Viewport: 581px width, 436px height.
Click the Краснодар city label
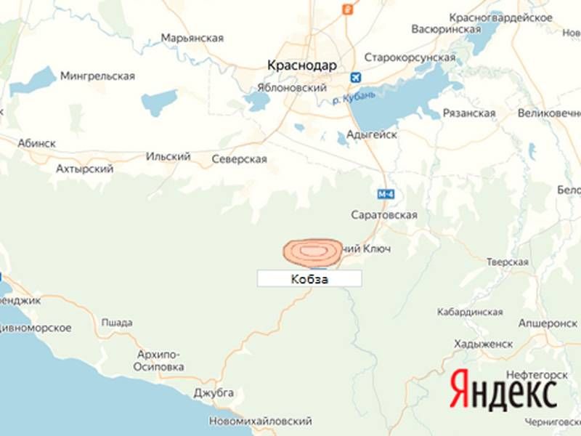point(302,65)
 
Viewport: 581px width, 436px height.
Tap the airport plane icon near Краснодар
point(356,78)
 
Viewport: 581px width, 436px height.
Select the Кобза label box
point(309,278)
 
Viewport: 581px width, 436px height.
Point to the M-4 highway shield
point(386,194)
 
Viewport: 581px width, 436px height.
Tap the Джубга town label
point(214,392)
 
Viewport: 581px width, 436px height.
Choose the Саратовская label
point(383,215)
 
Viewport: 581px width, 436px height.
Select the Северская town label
point(239,159)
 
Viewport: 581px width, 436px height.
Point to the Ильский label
point(168,156)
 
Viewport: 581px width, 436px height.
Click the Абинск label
point(37,143)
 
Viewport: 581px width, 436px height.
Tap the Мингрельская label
point(97,76)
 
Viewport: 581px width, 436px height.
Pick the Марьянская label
point(192,38)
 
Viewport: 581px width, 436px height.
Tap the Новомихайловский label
point(260,421)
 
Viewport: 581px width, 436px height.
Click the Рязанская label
point(468,113)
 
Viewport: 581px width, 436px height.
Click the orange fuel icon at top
point(348,9)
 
